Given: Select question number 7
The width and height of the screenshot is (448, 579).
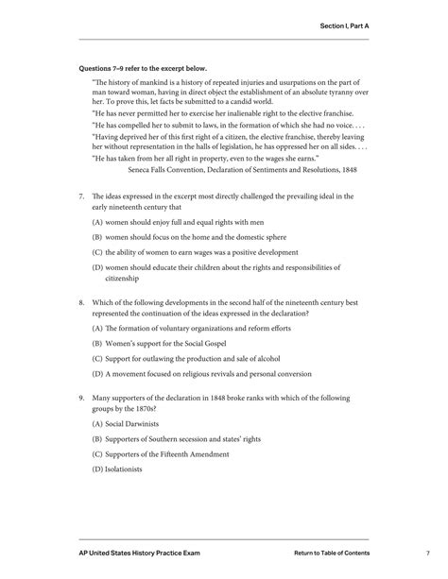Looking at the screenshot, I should tap(82, 196).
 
